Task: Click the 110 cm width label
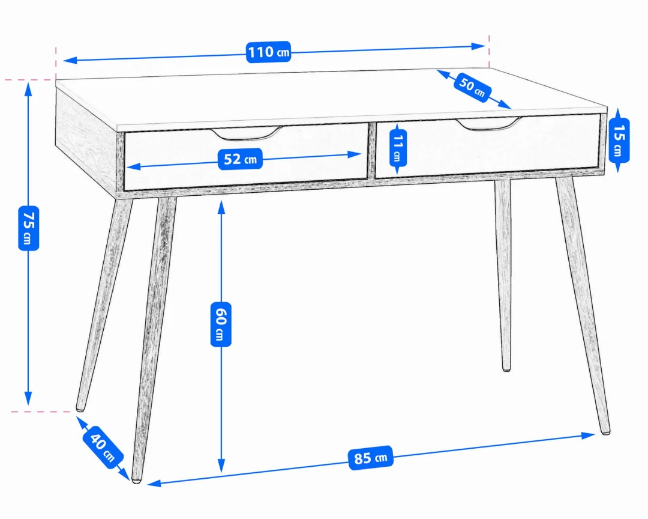pos(269,52)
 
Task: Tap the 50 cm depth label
pos(472,86)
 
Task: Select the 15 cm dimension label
pos(619,141)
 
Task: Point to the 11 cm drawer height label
pos(398,148)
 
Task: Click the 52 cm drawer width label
pos(240,159)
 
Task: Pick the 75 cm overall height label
pos(29,228)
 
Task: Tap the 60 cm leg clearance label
pos(221,324)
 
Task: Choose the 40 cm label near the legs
pos(103,447)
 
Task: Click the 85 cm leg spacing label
pos(371,458)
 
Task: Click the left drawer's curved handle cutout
pos(247,133)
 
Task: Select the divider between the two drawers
pos(371,151)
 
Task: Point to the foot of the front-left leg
pos(136,481)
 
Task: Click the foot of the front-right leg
pos(605,432)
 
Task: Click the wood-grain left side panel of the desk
pos(86,136)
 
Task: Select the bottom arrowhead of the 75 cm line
pos(28,399)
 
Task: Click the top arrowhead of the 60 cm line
pos(221,207)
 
